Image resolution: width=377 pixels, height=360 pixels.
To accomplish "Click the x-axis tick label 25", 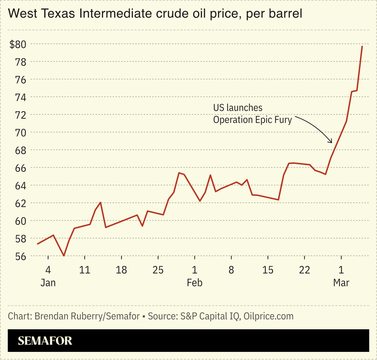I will point(158,270).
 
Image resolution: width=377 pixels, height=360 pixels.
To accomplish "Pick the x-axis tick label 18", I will point(121,270).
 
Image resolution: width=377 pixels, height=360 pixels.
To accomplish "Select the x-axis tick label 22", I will point(304,270).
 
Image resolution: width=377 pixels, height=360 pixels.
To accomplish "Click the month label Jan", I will point(48,283).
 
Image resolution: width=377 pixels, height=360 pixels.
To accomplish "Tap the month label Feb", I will point(195,283).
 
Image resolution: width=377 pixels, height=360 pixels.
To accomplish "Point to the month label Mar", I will point(341,283).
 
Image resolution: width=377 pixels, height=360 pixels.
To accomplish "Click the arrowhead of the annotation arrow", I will point(331,142).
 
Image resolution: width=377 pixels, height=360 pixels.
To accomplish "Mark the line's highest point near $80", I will point(362,46).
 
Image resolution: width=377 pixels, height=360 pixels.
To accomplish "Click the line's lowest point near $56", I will point(64,256).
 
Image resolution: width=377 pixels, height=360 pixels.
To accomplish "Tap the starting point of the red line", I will point(38,244).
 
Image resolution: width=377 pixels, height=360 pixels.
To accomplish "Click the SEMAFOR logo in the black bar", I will point(45,341).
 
